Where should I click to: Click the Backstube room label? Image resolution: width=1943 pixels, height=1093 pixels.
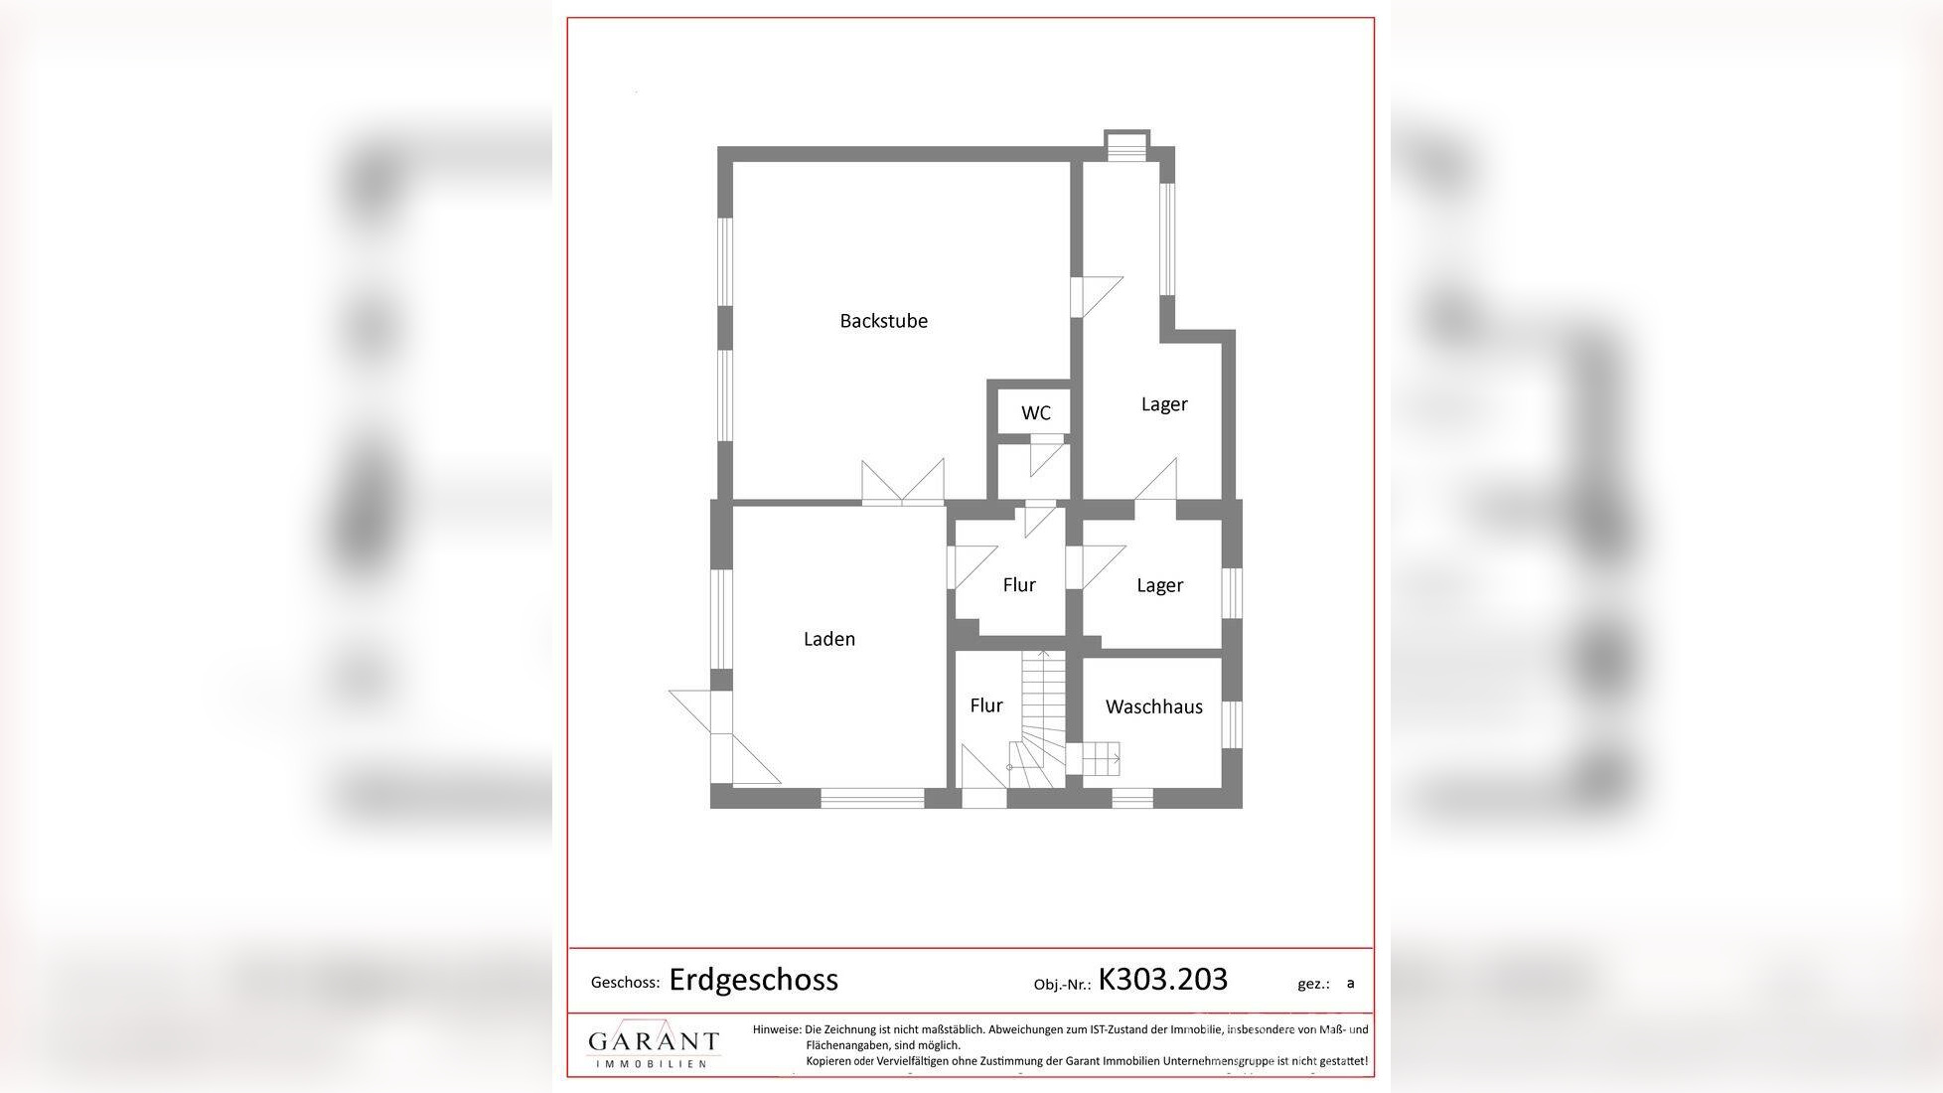click(x=883, y=321)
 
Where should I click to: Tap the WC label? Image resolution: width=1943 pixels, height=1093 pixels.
click(x=1035, y=413)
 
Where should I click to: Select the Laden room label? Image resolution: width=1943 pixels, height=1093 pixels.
click(x=828, y=639)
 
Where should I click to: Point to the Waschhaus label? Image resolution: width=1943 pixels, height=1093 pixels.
click(x=1153, y=706)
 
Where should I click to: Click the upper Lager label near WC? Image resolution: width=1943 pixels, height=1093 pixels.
click(x=1164, y=404)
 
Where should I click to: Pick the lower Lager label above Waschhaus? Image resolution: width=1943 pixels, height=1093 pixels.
click(x=1159, y=585)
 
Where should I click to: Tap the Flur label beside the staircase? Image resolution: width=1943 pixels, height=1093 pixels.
click(x=985, y=705)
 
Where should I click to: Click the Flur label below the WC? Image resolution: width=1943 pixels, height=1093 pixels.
click(x=1018, y=585)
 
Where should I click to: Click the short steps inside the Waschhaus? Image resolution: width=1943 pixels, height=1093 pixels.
click(x=1100, y=759)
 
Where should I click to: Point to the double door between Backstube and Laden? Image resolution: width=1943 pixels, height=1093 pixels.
click(x=903, y=485)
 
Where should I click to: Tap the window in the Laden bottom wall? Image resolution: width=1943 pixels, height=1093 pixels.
click(x=872, y=797)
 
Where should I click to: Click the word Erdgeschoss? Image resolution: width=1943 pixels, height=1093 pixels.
click(x=753, y=980)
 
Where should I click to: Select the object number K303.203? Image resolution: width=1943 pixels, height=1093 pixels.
click(x=1162, y=980)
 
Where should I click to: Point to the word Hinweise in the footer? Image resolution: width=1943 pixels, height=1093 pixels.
click(x=777, y=1030)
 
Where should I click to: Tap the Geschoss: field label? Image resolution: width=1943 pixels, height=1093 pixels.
click(x=625, y=983)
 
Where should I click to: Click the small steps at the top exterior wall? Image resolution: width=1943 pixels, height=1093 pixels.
click(x=1126, y=146)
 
